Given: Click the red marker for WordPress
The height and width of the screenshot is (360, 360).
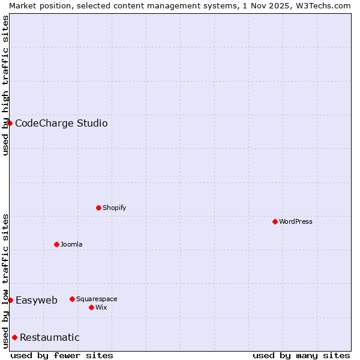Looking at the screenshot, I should click(x=275, y=221).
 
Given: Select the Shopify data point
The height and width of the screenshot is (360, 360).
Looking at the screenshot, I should click(x=98, y=208).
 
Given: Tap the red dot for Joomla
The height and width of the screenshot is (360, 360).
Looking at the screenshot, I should click(x=56, y=244).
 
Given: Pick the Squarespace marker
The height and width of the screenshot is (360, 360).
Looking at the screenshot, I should click(x=72, y=299).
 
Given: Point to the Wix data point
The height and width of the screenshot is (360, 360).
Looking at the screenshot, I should click(x=91, y=307).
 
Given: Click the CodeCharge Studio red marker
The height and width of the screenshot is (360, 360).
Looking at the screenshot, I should click(x=10, y=123).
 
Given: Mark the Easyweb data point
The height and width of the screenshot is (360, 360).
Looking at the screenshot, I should click(x=10, y=300).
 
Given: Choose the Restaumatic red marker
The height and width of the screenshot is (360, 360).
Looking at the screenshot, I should click(x=14, y=337).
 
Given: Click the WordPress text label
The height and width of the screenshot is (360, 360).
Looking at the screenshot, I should click(x=296, y=221).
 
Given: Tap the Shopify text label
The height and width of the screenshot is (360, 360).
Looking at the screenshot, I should click(x=114, y=208).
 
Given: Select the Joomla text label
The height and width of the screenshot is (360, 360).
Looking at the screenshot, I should click(x=71, y=244).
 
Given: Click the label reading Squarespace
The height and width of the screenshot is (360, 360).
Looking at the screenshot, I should click(x=97, y=299).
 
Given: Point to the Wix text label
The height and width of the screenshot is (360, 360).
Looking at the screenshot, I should click(x=101, y=307).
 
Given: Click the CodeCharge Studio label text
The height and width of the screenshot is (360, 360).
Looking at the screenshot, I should click(x=61, y=124).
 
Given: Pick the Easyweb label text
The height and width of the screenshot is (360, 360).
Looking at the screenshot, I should click(x=37, y=301).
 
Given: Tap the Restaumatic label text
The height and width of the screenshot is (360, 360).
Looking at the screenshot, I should click(x=50, y=338).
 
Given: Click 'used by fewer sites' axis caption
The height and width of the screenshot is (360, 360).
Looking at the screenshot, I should click(x=62, y=355).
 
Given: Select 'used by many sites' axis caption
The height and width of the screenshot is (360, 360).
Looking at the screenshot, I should click(x=301, y=355).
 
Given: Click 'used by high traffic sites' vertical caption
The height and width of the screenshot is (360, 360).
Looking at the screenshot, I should click(x=5, y=85).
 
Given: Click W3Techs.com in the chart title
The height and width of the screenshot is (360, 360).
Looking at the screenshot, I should click(x=322, y=5).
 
